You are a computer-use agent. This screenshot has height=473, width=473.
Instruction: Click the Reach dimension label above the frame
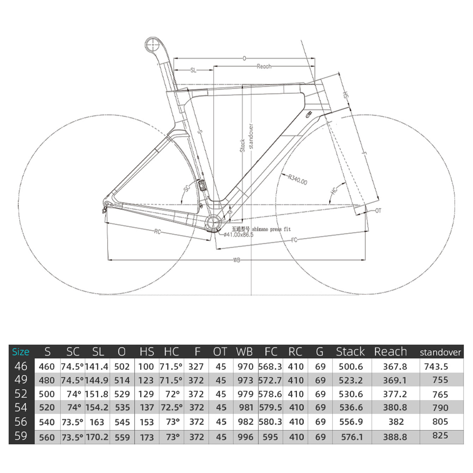pos(264,66)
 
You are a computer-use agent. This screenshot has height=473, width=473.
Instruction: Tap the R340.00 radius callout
pos(298,180)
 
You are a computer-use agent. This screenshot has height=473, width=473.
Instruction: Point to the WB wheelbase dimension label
pos(236,260)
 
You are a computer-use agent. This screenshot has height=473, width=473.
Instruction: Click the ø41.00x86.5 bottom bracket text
pos(239,235)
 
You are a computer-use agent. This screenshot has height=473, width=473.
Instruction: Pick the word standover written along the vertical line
pos(251,136)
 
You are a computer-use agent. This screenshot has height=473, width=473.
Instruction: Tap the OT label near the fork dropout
pos(378,211)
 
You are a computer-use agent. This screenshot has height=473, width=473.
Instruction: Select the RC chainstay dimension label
pos(157,232)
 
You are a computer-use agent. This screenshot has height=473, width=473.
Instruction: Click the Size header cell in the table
pos(21,352)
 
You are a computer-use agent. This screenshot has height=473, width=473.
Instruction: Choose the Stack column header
pos(350,352)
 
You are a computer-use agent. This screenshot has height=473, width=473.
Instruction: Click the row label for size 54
pos(21,407)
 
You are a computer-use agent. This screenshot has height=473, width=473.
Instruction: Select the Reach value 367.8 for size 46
pos(395,367)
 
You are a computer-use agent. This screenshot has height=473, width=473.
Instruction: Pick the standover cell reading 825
pos(440,436)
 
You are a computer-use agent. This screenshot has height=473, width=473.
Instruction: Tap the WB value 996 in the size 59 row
pos(245,437)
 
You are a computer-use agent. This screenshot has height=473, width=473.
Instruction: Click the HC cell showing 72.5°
pos(172,407)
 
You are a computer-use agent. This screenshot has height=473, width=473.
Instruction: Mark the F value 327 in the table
pos(196,367)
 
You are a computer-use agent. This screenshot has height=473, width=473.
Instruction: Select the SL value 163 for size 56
pos(97,422)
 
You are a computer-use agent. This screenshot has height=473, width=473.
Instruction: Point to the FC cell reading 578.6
pos(270,394)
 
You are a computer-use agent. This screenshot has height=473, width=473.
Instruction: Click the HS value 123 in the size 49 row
pos(146,381)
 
